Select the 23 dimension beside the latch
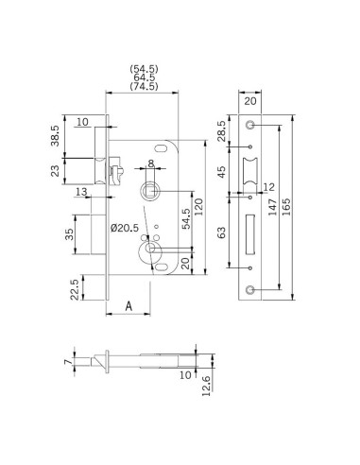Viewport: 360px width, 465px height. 55,171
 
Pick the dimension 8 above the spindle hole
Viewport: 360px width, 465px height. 150,164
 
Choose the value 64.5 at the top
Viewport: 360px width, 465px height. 144,77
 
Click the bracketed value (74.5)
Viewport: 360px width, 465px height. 144,87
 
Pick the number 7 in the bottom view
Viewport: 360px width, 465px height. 68,361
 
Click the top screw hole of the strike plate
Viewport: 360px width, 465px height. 250,125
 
